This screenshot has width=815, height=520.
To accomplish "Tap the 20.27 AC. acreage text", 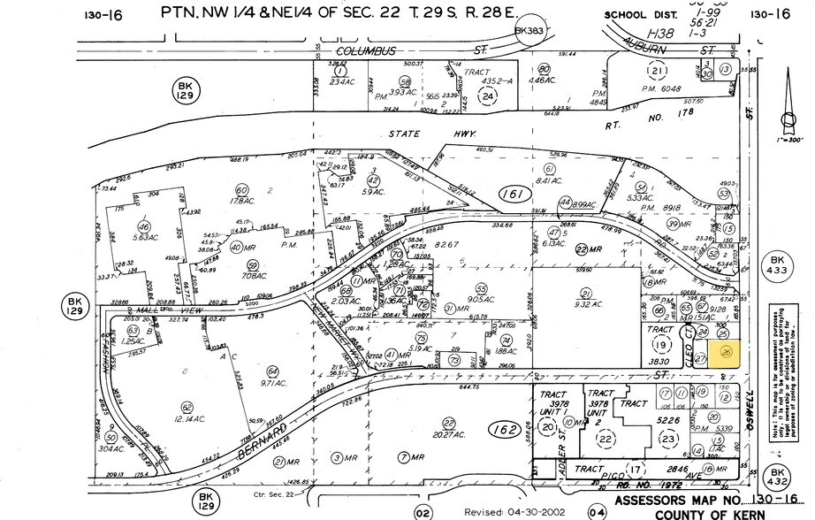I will tap(428, 435).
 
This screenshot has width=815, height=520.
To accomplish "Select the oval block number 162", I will tap(505, 430).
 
